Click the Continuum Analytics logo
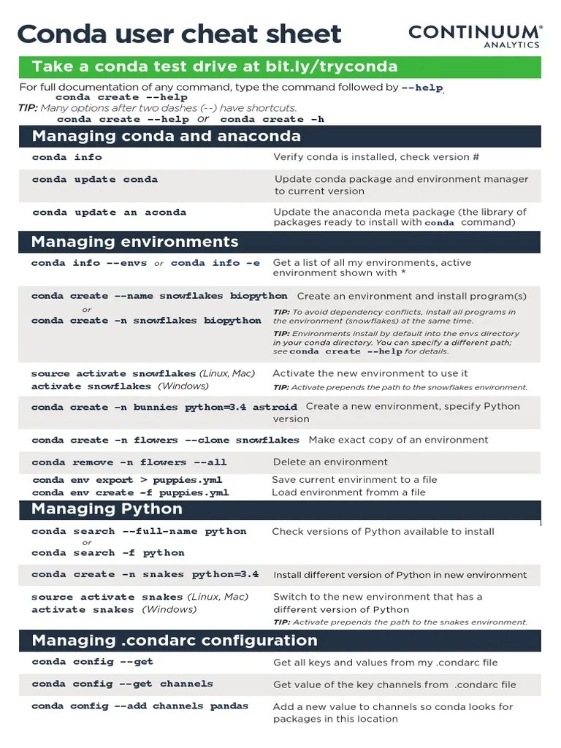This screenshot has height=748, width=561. (475, 35)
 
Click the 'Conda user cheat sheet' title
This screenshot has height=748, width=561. (179, 34)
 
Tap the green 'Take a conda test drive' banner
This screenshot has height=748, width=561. (280, 67)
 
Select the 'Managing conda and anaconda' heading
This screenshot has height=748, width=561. (166, 136)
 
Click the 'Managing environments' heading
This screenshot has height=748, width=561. (135, 241)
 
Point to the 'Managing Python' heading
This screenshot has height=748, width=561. (107, 508)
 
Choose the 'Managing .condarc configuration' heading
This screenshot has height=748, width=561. (175, 641)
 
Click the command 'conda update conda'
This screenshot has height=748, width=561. (95, 179)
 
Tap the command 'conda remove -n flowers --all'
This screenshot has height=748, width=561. (129, 462)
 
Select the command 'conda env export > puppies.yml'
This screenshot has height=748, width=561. (127, 480)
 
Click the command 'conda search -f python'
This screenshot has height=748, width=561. (108, 553)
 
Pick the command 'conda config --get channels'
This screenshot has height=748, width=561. (123, 684)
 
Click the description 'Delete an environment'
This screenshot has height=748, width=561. (330, 462)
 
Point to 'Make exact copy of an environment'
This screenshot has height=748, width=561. (398, 440)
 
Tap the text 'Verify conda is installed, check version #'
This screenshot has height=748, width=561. (376, 157)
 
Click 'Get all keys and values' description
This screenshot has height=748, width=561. (385, 663)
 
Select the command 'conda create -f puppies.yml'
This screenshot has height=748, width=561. (131, 493)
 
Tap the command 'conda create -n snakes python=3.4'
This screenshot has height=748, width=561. (145, 575)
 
